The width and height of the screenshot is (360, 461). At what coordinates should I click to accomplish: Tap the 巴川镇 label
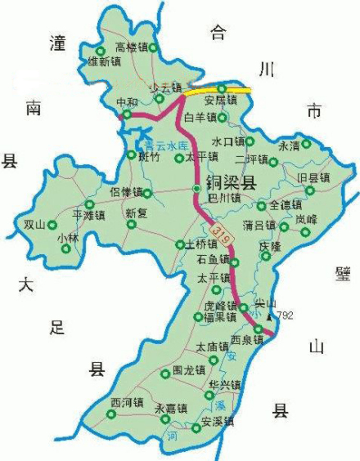[223, 197]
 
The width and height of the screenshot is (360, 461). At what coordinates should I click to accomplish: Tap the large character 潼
[57, 44]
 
